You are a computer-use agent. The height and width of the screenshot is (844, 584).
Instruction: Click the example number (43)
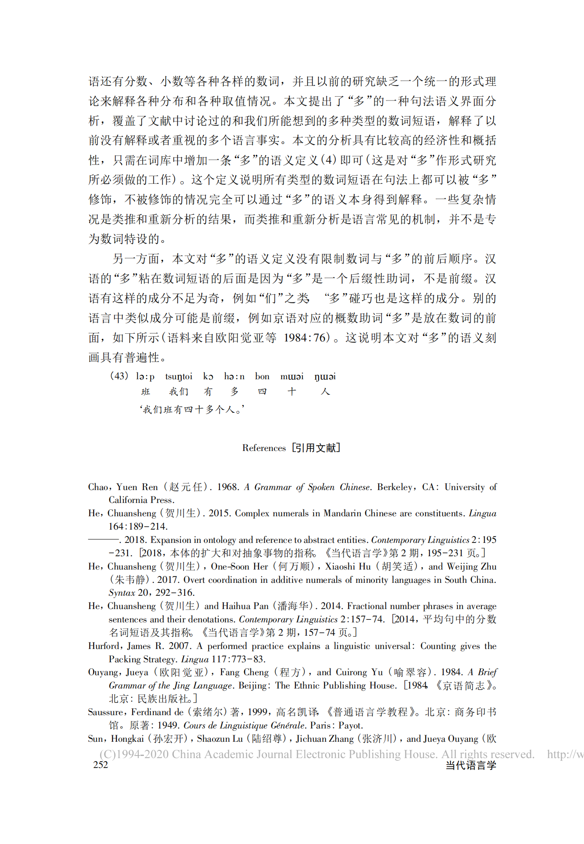point(119,376)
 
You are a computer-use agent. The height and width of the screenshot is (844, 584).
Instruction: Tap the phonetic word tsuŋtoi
point(179,377)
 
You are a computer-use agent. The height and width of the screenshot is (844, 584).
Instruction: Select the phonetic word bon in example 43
point(262,377)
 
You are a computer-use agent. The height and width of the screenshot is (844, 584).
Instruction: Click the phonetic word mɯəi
point(292,377)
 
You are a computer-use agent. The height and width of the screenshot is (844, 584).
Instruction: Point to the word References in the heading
point(264,448)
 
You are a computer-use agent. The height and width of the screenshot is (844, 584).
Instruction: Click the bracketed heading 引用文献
point(316,448)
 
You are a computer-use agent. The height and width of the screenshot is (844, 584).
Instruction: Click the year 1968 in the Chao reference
point(228,487)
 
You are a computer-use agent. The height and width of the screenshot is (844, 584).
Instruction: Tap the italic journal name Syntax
point(122,593)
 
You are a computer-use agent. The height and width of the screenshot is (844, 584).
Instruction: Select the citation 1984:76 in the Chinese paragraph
point(307,338)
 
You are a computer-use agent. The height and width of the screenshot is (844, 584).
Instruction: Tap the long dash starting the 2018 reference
point(103,540)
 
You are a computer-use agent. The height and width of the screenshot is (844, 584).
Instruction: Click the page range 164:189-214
point(138,527)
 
